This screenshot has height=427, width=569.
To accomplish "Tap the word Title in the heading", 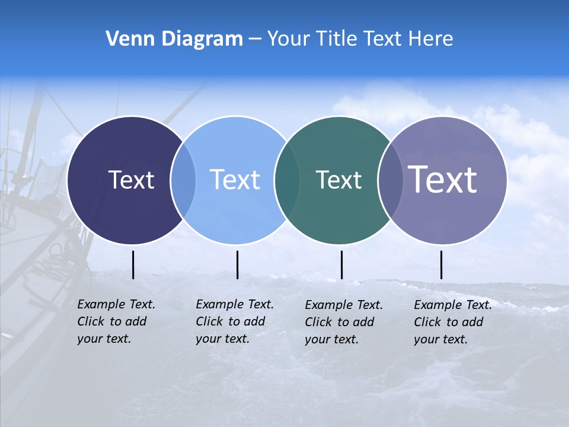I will coord(337,39).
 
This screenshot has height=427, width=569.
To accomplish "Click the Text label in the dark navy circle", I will coord(131,180).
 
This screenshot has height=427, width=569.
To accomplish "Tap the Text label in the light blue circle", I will coord(235,180).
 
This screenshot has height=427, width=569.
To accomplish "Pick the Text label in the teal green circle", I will coord(338,180).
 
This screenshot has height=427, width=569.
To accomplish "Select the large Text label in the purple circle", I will coord(443,179).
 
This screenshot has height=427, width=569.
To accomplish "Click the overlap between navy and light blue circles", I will coord(183,180).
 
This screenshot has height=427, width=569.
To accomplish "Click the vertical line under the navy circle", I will coord(133,265).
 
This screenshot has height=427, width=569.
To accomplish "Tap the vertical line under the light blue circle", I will coord(237,265).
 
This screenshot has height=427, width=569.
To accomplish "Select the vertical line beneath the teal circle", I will coord(341,265).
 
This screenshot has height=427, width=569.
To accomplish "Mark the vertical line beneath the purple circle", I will coord(442,265).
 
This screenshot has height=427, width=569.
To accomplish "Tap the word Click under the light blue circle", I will coord(209,321).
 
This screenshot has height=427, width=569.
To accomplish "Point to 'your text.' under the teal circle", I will coord(331,339).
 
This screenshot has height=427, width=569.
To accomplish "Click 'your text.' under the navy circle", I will coord(104,339).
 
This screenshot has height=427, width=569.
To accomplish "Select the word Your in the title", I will coord(288,39).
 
